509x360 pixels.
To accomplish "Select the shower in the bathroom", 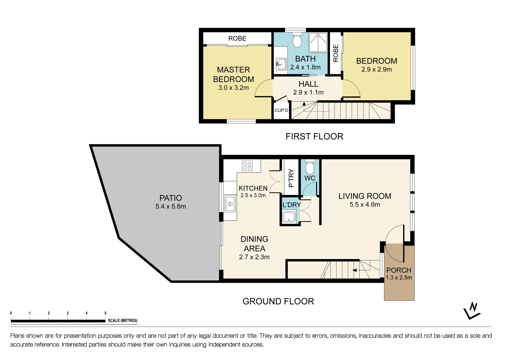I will [318, 43].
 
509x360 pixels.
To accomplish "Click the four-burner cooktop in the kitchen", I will [247, 165].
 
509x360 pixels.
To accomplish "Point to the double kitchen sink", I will [230, 204].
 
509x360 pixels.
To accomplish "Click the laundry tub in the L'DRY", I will [289, 217].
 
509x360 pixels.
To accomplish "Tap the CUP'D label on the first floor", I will [281, 110].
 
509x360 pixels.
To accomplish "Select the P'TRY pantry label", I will [291, 178].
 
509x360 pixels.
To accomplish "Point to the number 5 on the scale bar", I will [105, 313].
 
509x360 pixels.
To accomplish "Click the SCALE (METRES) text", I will [122, 320].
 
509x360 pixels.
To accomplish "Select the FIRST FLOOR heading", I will [314, 136].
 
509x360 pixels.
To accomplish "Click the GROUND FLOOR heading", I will [278, 301].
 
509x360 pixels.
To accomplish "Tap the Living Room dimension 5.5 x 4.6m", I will [365, 205].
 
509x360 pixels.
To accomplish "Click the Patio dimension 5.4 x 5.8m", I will [171, 207].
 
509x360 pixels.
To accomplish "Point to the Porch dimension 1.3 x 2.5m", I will [399, 277].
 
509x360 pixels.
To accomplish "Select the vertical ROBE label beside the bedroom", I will [336, 53].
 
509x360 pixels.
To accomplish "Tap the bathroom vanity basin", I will [281, 63].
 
